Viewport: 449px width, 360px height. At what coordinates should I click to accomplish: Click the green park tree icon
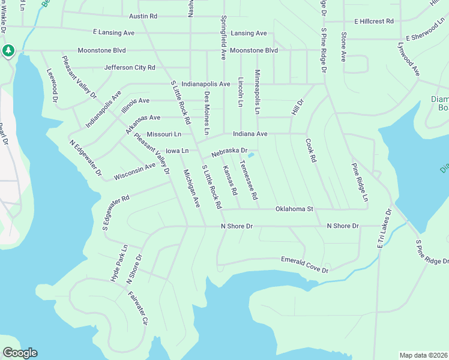click(x=8, y=50)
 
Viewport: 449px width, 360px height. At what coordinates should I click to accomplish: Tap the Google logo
click(x=20, y=353)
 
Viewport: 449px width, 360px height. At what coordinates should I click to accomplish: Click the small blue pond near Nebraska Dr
click(x=251, y=157)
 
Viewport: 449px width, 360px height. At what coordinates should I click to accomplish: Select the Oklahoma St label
click(x=295, y=209)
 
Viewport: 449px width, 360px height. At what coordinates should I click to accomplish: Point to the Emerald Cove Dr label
click(x=306, y=264)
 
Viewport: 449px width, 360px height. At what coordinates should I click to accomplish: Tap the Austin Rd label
click(x=143, y=16)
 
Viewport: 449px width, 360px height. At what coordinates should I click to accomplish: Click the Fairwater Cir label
click(x=137, y=308)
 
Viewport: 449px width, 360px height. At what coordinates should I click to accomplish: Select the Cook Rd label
click(x=310, y=151)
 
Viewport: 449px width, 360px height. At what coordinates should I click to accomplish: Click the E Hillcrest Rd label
click(x=373, y=21)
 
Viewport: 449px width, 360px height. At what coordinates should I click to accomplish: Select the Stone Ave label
click(x=344, y=47)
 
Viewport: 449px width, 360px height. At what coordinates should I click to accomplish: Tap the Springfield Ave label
click(x=223, y=37)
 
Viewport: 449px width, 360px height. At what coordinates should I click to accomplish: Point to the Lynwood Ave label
click(x=408, y=59)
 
